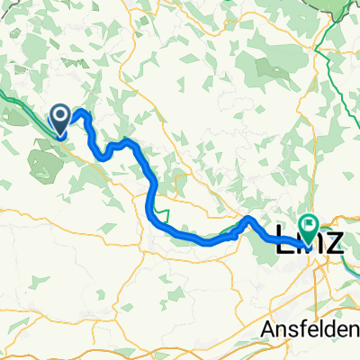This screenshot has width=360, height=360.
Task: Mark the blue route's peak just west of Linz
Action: click(x=249, y=219)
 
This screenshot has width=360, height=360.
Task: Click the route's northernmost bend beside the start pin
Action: click(x=82, y=112)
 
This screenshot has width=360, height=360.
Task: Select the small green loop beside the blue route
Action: click(x=162, y=212)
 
